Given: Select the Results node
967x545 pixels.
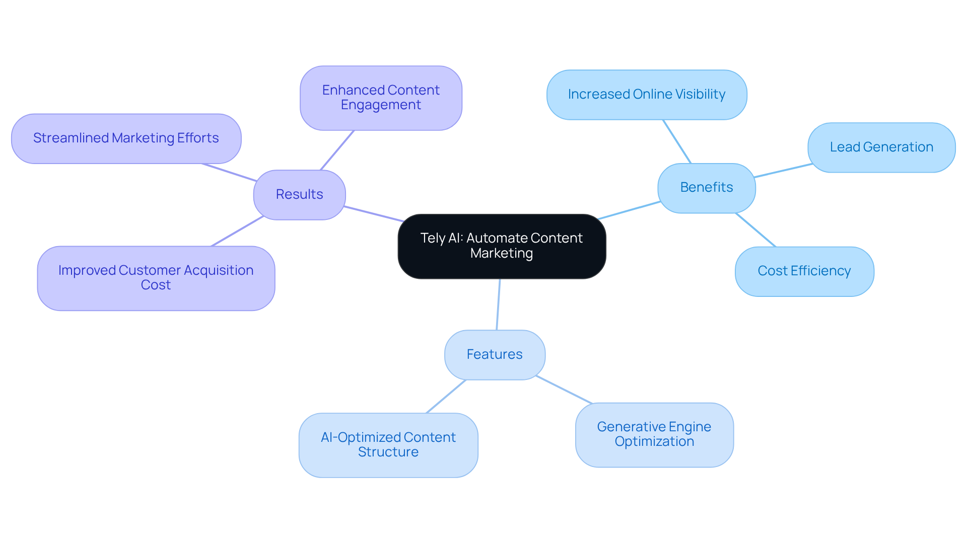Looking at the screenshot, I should click(299, 195).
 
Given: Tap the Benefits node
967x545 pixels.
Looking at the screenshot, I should click(706, 188).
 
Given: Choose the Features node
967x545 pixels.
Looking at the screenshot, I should click(495, 355).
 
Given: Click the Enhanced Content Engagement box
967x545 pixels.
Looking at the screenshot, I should click(381, 98).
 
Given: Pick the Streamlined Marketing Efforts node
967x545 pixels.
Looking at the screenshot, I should click(126, 138).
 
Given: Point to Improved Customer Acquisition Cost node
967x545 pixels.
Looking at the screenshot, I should click(156, 278).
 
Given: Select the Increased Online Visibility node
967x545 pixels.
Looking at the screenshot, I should click(646, 95).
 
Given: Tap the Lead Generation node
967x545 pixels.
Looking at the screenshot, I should click(881, 147).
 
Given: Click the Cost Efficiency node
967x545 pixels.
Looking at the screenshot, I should click(804, 271).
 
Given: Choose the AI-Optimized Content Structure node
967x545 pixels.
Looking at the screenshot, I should click(388, 445).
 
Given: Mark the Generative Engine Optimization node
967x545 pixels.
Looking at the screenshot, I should click(654, 434).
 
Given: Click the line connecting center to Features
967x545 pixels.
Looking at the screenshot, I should click(498, 304).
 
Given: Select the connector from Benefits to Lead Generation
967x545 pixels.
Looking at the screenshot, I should click(783, 171).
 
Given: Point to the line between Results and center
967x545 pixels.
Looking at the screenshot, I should click(374, 214).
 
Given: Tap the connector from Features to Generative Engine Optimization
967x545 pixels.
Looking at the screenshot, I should click(564, 390).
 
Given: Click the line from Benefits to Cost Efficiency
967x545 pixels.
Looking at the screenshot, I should click(755, 230).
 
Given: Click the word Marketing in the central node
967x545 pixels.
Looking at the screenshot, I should click(502, 253).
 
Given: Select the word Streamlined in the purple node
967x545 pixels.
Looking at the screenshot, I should click(71, 138).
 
